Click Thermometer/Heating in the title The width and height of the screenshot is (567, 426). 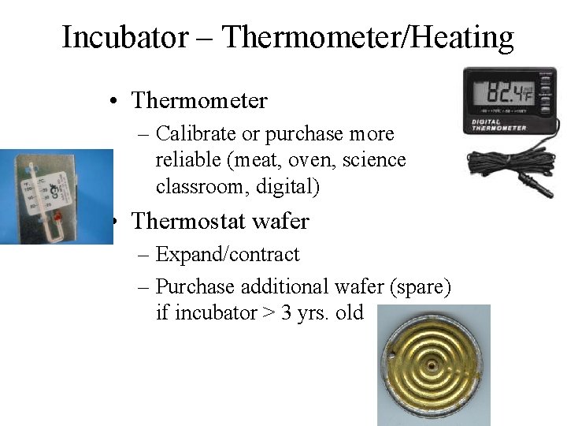[368, 37]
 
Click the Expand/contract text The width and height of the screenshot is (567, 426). [228, 255]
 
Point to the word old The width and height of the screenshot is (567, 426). [349, 313]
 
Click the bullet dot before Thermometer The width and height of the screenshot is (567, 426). [115, 102]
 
